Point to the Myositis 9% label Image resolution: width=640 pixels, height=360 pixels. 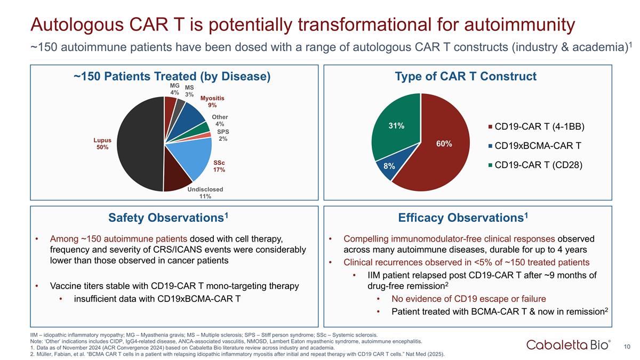click(x=212, y=101)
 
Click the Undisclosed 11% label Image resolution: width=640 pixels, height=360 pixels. click(x=205, y=193)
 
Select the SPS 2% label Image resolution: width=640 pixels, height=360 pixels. click(x=223, y=135)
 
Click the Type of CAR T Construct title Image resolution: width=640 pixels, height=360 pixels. click(x=466, y=76)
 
